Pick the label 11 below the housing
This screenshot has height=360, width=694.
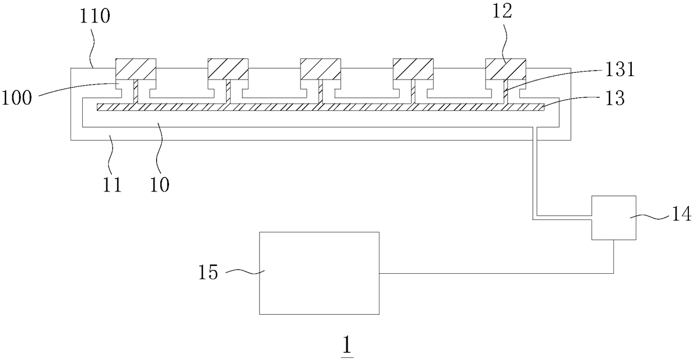[x=112, y=184]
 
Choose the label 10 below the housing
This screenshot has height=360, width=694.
[x=160, y=184]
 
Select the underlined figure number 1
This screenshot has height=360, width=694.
[x=348, y=346]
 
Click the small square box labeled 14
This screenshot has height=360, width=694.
[x=613, y=218]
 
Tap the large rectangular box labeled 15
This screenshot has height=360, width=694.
[x=318, y=273]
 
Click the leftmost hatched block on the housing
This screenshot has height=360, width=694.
[x=135, y=69]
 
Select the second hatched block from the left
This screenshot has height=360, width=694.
[x=228, y=69]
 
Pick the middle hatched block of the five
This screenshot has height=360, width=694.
[x=320, y=69]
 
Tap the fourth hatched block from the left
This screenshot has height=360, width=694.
[x=412, y=69]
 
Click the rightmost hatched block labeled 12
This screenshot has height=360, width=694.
[x=505, y=69]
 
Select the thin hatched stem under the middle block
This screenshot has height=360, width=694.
[x=320, y=92]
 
